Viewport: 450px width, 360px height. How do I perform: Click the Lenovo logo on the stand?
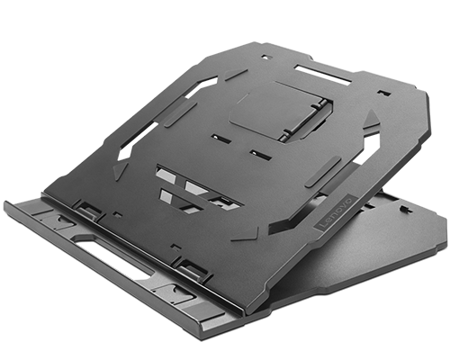click(336, 213)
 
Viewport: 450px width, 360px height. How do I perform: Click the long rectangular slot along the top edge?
click(323, 75)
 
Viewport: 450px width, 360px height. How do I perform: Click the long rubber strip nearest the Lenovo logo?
click(323, 172)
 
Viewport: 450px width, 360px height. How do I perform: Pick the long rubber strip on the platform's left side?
click(180, 113)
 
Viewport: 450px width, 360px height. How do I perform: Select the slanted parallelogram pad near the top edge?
click(237, 75)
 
